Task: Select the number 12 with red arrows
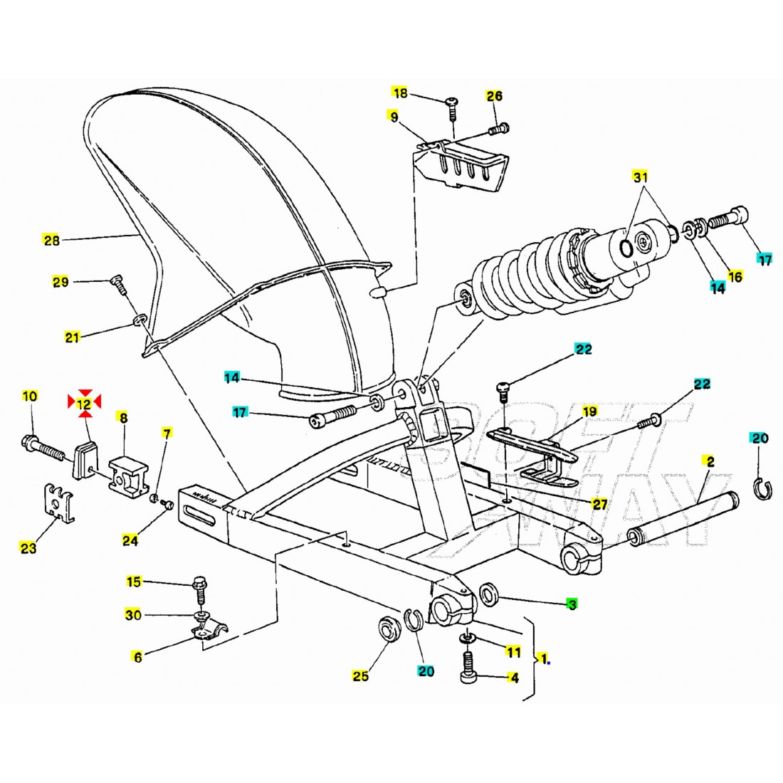pyautogui.click(x=84, y=404)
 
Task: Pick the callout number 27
pyautogui.click(x=599, y=504)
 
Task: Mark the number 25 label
pyautogui.click(x=360, y=676)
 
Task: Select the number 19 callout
pyautogui.click(x=590, y=411)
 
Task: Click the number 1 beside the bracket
pyautogui.click(x=544, y=658)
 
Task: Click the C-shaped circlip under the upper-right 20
pyautogui.click(x=762, y=488)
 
